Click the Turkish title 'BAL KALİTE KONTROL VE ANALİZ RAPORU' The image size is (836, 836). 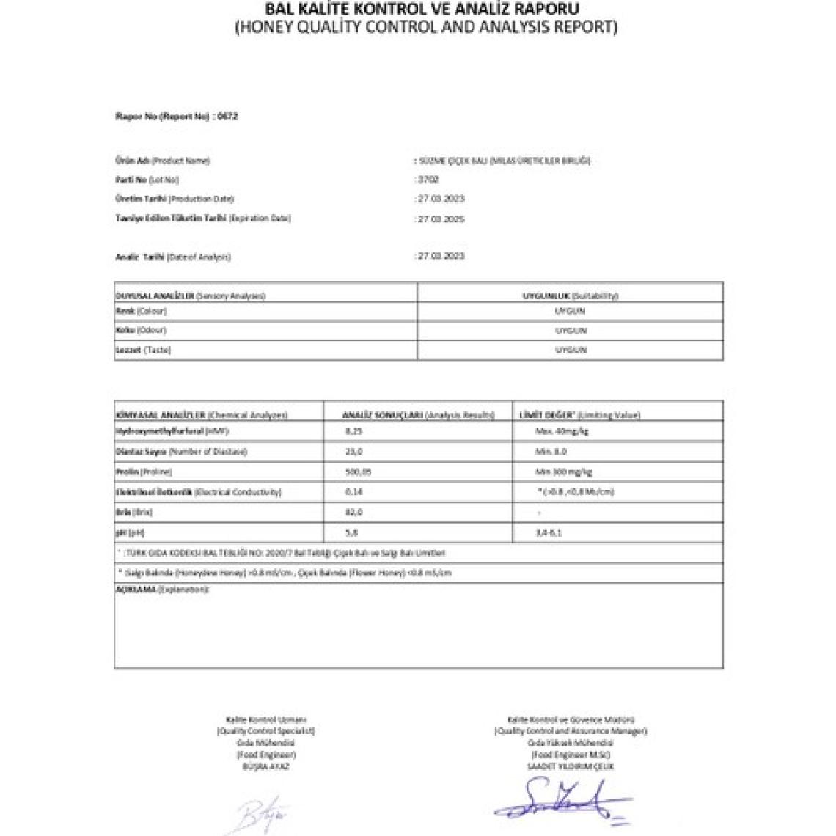click(x=422, y=10)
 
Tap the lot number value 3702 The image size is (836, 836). click(x=428, y=180)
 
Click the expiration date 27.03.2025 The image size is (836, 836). click(x=441, y=219)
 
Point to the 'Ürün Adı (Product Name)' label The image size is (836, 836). click(x=163, y=161)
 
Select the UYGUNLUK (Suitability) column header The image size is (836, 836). click(x=570, y=296)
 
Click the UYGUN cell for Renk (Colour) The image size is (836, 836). click(x=570, y=311)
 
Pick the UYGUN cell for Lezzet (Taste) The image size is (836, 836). click(x=570, y=350)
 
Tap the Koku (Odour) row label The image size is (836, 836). click(x=142, y=330)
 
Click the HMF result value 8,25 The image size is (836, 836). click(x=353, y=431)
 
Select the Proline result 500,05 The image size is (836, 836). click(x=357, y=472)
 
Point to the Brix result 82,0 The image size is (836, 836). click(x=353, y=512)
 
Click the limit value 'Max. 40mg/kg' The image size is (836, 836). click(x=562, y=431)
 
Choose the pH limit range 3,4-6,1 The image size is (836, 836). click(x=549, y=532)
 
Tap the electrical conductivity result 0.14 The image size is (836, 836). click(x=353, y=492)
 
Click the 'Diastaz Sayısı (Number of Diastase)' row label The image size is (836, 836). click(x=181, y=452)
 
